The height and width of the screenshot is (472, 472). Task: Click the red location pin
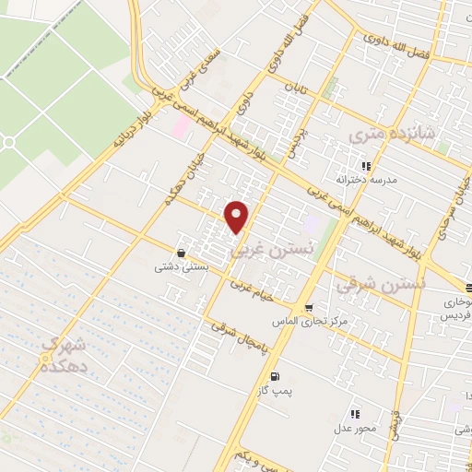click(237, 216)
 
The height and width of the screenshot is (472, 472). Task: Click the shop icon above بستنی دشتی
click(181, 252)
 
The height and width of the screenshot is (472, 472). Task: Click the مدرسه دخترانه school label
click(366, 180)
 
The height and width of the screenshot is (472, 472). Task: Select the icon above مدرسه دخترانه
click(366, 167)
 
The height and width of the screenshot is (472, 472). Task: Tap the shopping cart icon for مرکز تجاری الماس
click(308, 308)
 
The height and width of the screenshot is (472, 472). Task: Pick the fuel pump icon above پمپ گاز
click(275, 376)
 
